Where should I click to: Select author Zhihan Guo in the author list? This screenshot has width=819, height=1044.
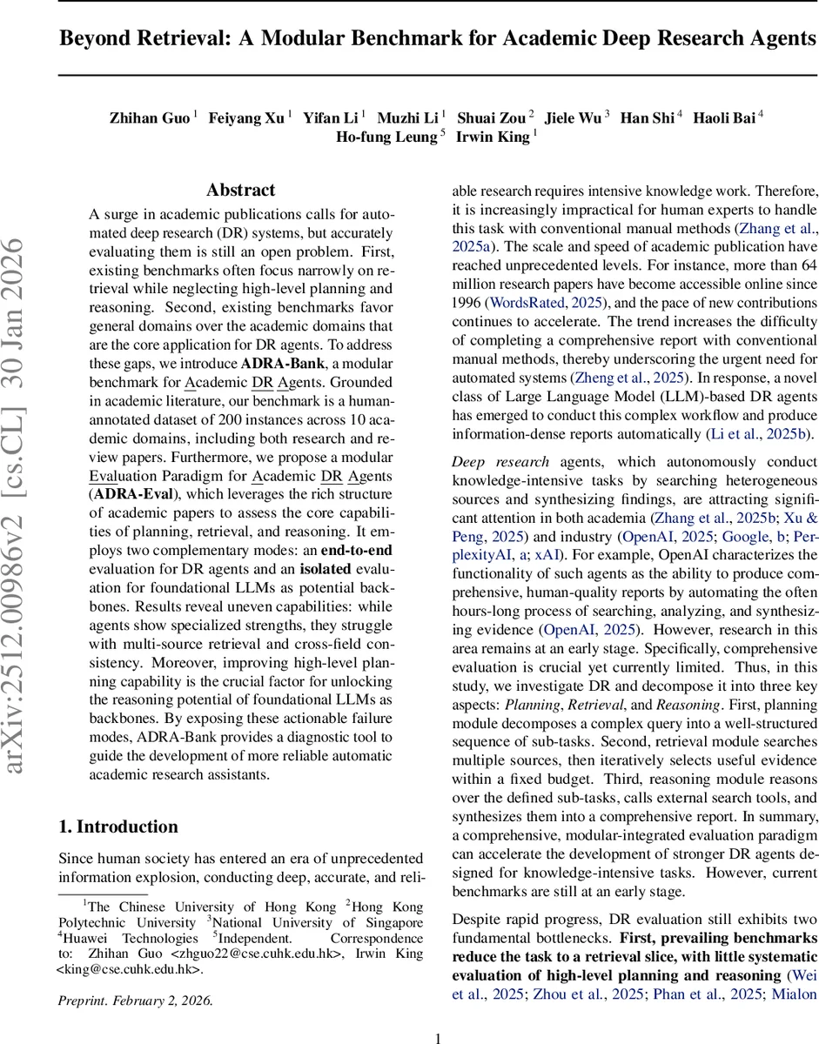[x=149, y=117]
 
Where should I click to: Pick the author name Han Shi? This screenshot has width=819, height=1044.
[x=646, y=117]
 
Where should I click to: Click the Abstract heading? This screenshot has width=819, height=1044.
[x=240, y=190]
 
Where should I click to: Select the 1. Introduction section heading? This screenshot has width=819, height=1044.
[x=117, y=826]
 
